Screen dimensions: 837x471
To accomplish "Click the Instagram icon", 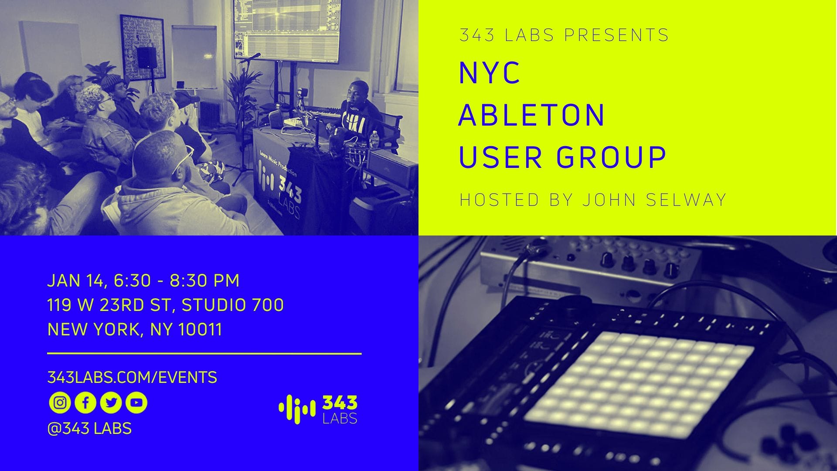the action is (60, 403).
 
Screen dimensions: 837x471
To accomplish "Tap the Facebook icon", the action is (85, 403).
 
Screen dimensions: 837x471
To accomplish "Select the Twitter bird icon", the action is (111, 403).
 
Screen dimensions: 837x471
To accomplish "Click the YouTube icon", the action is (136, 403).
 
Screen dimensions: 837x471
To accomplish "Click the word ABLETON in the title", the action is (532, 115).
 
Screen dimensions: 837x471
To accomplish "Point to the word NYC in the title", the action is (490, 72).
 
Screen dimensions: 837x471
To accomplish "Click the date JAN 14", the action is (75, 281).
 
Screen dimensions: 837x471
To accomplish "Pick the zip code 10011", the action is (201, 330).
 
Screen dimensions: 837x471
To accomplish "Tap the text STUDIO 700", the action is (233, 305).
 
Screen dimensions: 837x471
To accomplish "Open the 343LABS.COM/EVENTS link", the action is (132, 377).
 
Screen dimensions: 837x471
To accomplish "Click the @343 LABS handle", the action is (89, 428).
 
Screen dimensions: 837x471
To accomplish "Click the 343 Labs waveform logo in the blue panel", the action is (318, 410).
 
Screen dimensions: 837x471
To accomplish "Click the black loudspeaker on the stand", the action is (146, 58).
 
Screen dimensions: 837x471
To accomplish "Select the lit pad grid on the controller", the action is (639, 384).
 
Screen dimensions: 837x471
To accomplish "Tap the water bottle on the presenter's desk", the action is (374, 141).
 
